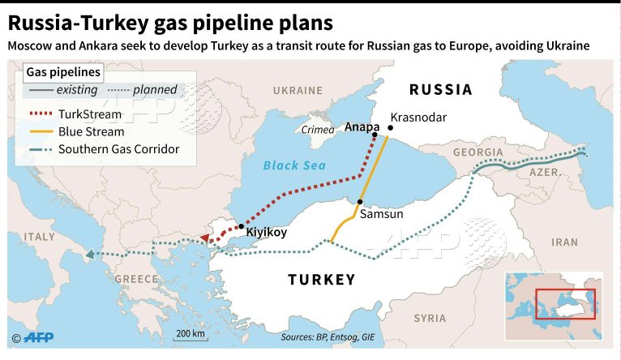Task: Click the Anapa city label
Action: (361, 126)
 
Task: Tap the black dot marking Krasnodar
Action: (391, 127)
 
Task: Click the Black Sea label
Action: (293, 165)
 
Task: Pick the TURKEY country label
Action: (322, 280)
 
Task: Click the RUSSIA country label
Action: (440, 89)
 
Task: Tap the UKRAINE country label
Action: (298, 90)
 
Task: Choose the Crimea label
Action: (317, 130)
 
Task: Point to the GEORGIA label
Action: (478, 152)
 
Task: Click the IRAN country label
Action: (564, 242)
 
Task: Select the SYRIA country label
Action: (429, 319)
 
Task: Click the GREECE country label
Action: (135, 278)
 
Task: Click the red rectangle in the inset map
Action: (565, 303)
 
